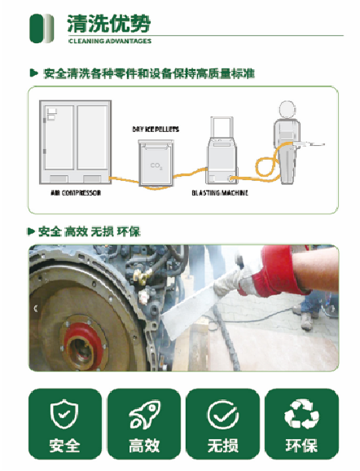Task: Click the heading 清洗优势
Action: point(108,23)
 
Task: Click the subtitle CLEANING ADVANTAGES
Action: point(110,42)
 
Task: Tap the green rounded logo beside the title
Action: point(42,29)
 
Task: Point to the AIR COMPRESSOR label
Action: point(76,193)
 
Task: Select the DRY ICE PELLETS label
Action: point(156,130)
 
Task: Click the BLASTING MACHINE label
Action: point(220,193)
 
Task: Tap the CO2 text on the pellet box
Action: point(156,166)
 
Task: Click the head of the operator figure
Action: point(288,109)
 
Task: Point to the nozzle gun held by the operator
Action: point(309,144)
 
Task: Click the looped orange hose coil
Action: point(266,167)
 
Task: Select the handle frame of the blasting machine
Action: point(222,127)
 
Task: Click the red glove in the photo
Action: point(274,271)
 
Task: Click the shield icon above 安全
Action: point(64,414)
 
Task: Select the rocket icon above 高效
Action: point(144,415)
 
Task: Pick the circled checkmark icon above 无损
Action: point(223,415)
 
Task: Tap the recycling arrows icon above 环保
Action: point(301,414)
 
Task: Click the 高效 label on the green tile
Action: point(144,446)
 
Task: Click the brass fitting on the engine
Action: point(143,275)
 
